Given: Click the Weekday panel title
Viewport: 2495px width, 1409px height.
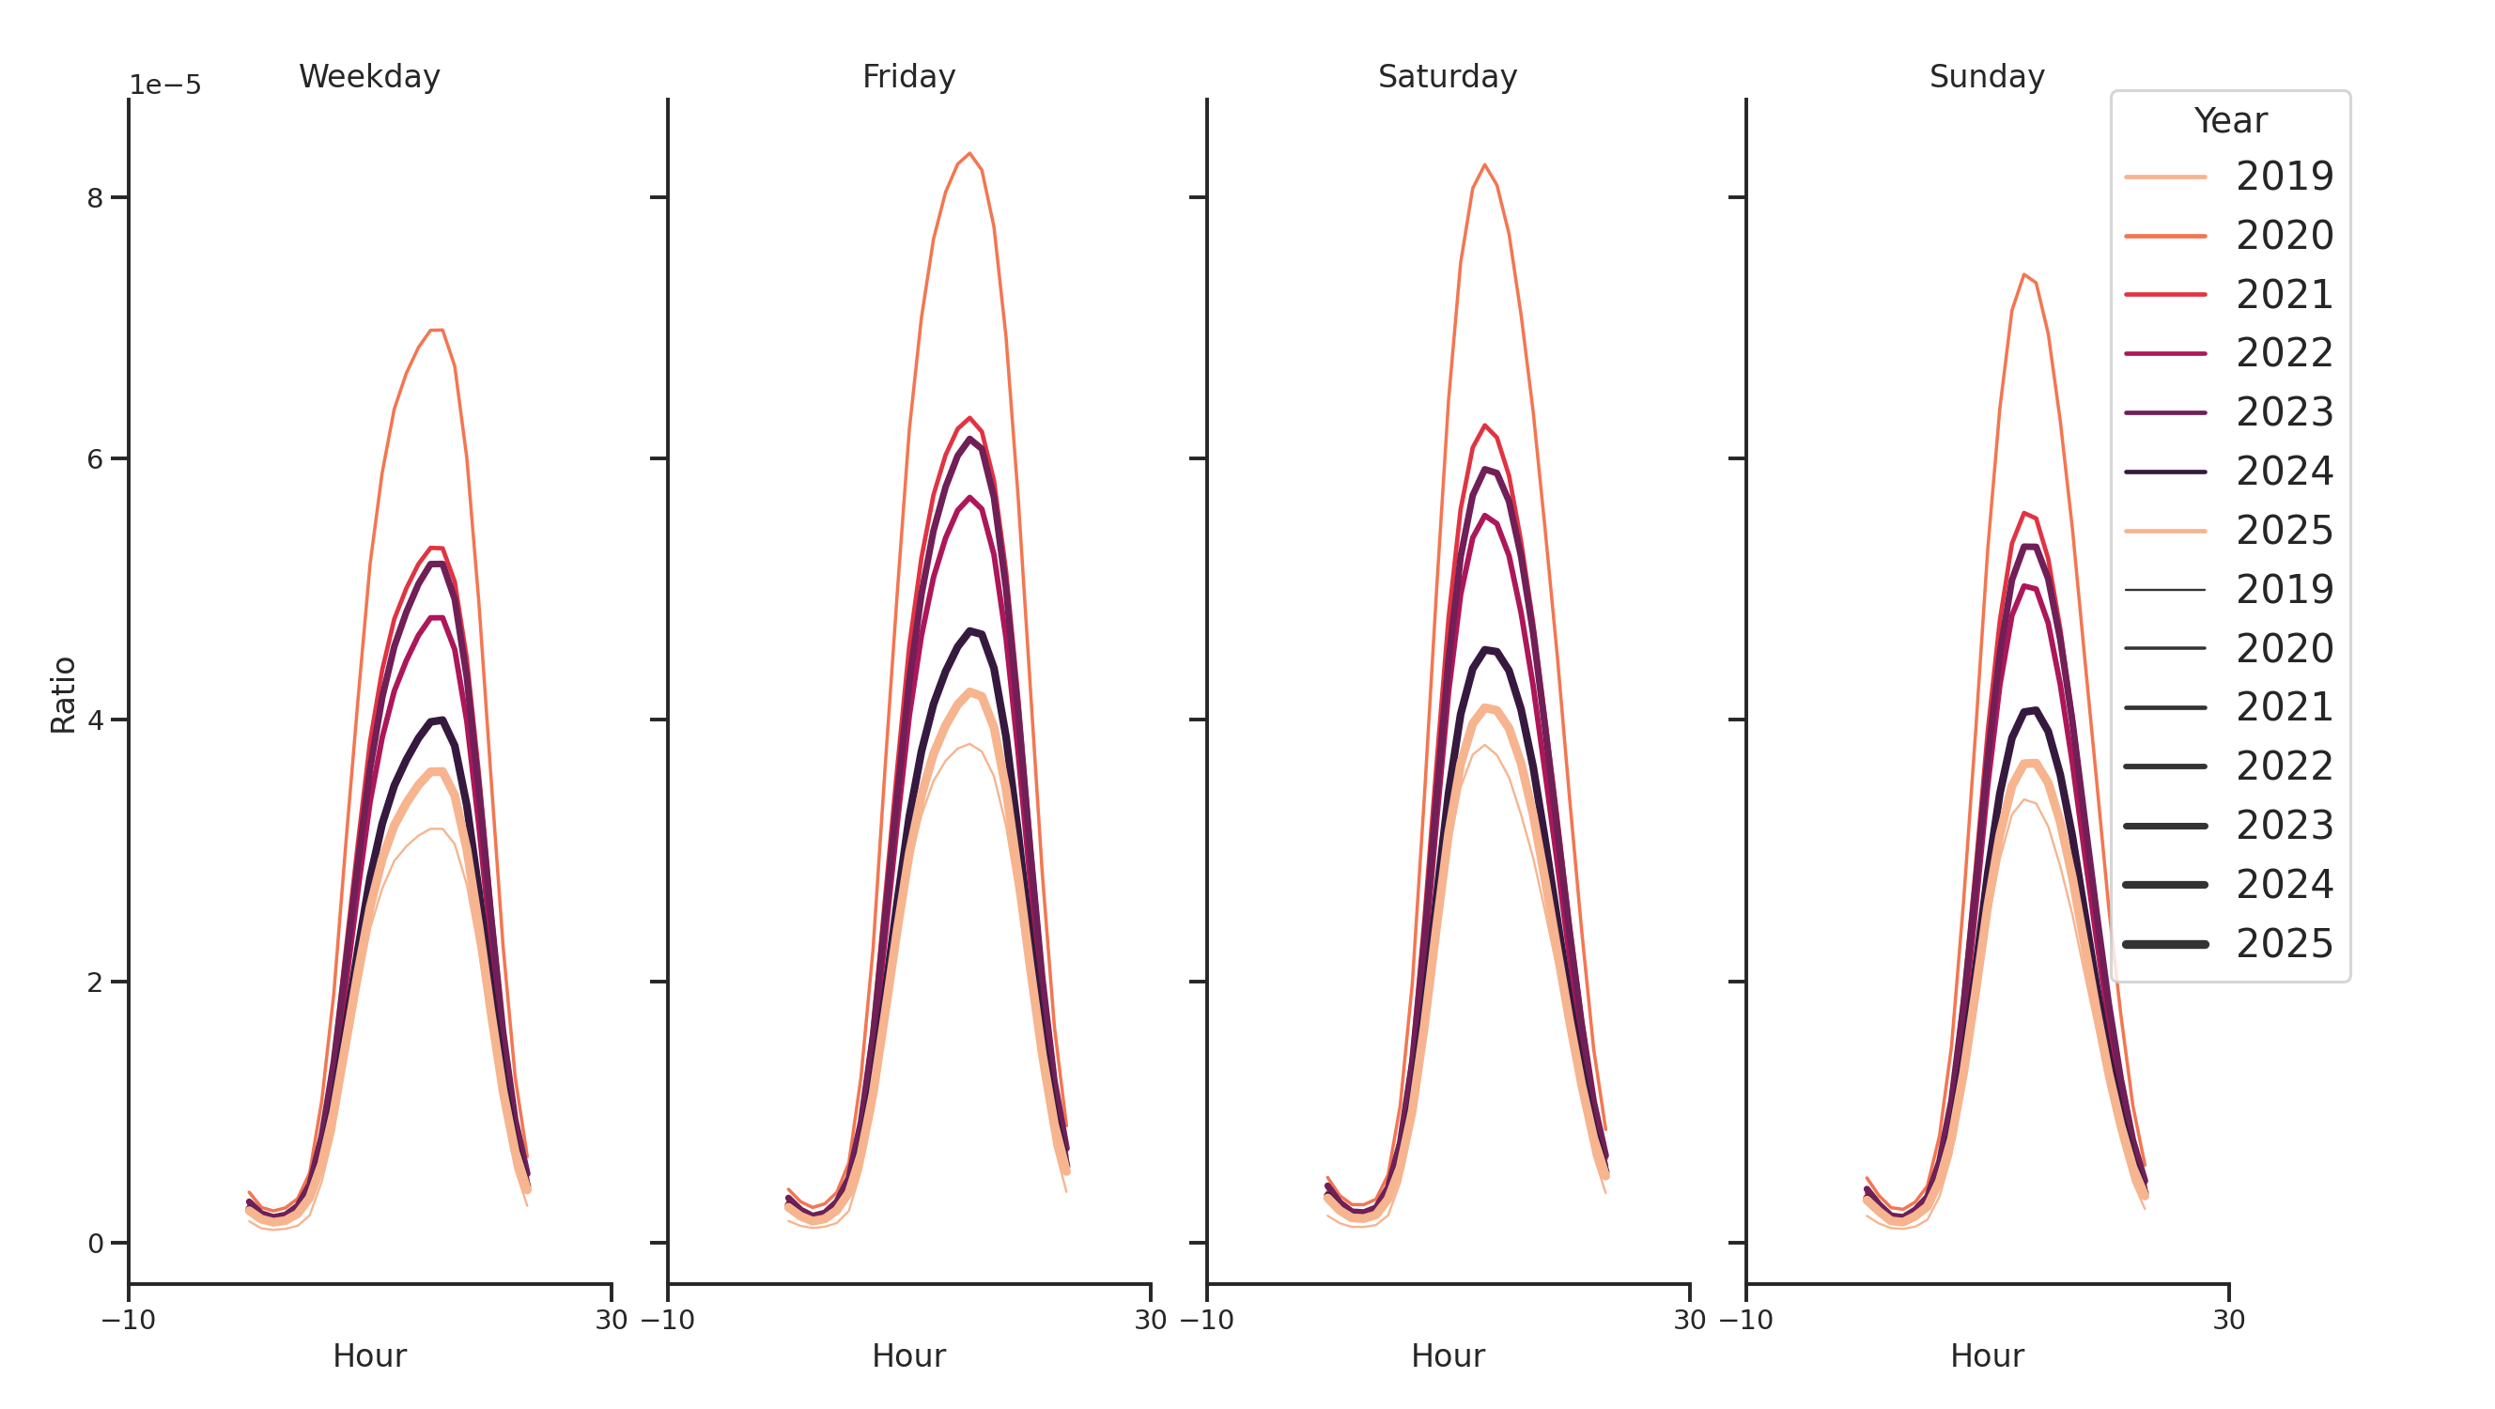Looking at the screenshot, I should (369, 76).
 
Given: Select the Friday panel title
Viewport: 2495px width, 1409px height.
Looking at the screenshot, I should (908, 76).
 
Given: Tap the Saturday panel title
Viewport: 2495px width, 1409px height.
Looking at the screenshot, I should (1447, 76).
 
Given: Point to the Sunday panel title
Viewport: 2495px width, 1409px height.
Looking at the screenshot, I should (1987, 76).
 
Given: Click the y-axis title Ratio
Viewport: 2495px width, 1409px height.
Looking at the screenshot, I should (63, 694).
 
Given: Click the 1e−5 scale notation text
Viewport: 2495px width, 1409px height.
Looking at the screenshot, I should (165, 85).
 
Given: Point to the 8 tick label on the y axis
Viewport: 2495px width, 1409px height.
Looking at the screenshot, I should (95, 197).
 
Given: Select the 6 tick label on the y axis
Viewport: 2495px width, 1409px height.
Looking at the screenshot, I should (95, 459).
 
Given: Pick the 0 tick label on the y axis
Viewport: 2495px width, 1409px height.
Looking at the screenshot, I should (95, 1244).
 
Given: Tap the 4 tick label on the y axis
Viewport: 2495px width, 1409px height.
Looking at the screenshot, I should (95, 720).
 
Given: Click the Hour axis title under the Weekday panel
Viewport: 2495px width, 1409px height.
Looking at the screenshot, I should (369, 1355).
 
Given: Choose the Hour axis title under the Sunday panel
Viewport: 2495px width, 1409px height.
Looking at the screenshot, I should (1987, 1355).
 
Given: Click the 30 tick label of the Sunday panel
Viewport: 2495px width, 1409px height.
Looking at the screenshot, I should (2228, 1320).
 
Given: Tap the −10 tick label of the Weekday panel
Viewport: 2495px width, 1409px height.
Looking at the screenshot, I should (128, 1320).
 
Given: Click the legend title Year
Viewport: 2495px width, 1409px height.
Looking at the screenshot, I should (2229, 121).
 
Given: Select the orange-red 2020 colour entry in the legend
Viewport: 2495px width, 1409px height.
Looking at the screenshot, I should (2228, 236).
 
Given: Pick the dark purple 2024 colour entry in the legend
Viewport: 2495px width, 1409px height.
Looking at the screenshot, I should (2228, 472).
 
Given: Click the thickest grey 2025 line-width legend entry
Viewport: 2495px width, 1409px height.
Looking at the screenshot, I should (2228, 944).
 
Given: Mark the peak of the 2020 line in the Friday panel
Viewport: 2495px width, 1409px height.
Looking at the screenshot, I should (969, 153).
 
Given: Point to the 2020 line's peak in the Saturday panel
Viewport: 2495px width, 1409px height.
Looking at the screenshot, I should (1484, 164).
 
